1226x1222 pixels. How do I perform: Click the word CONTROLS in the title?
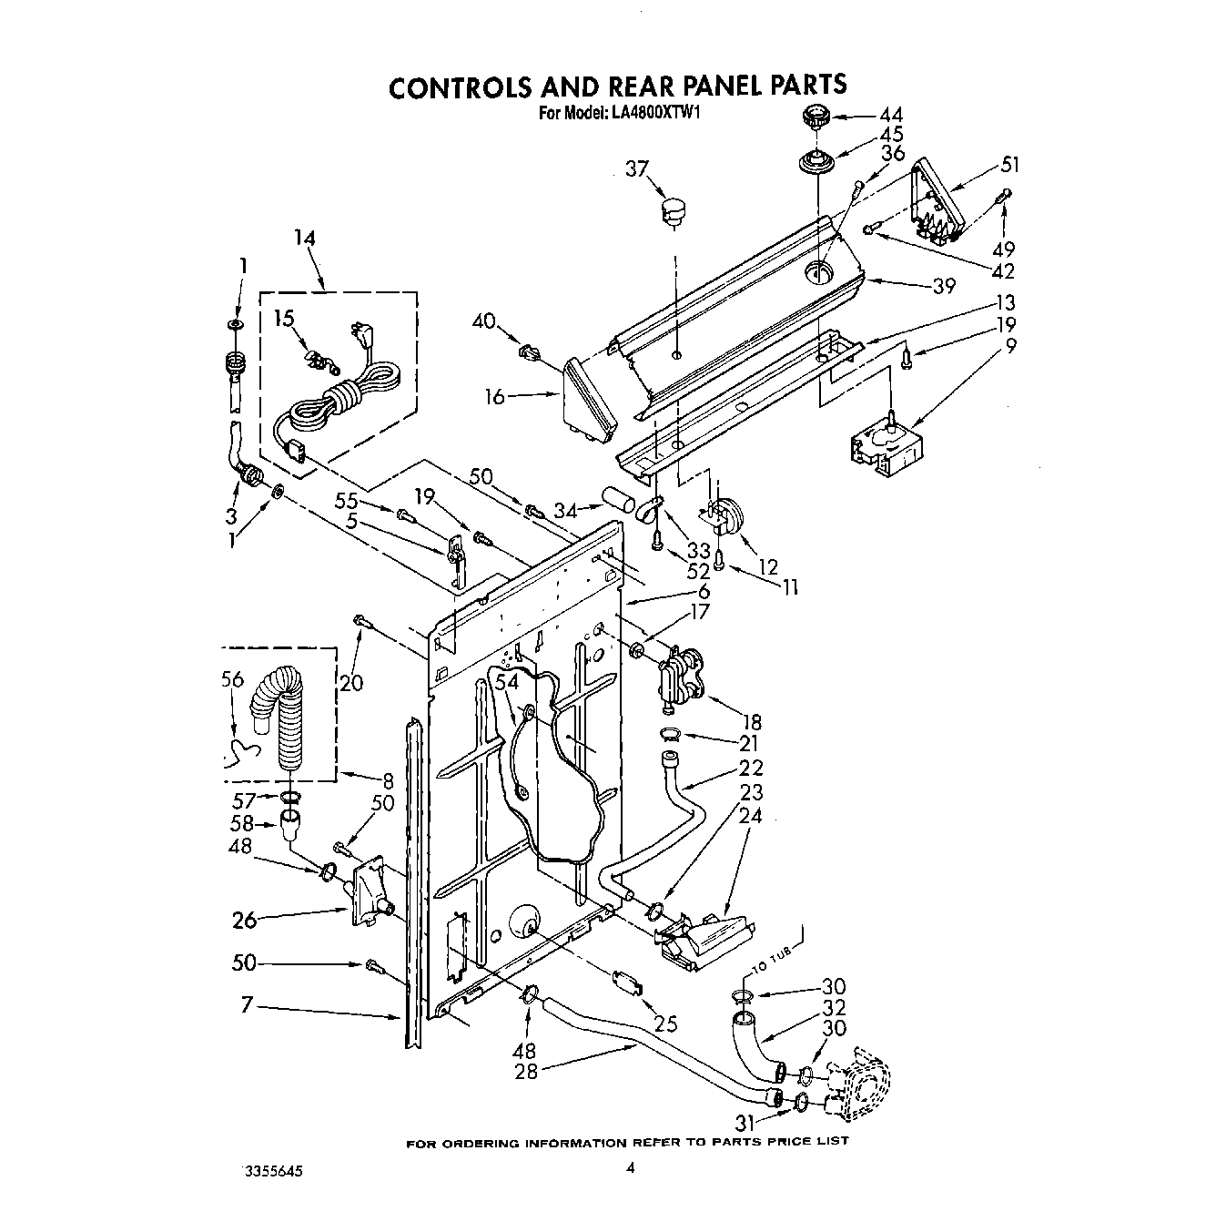(x=461, y=87)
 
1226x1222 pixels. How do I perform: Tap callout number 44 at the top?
(x=891, y=116)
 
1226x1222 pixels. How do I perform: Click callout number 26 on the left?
(x=245, y=920)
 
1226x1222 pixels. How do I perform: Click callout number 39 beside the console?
(x=944, y=286)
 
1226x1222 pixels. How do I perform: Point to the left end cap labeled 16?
(x=588, y=401)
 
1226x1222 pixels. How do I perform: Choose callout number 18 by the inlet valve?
(x=751, y=723)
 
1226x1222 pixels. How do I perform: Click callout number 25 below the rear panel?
(x=666, y=1023)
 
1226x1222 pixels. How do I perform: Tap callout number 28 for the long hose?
(x=526, y=1071)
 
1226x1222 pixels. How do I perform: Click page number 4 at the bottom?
(x=628, y=1167)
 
